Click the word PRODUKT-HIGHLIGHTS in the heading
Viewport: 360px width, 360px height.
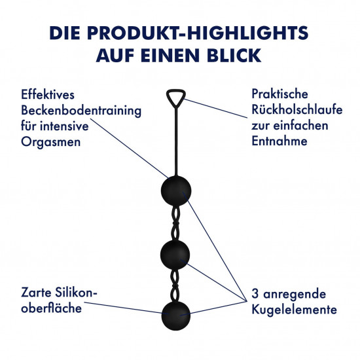(198, 33)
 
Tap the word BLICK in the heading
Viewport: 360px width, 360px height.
(234, 56)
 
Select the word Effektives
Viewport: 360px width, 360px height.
(48, 94)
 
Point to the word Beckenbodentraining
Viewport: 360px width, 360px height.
(81, 111)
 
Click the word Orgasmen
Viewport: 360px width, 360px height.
(51, 142)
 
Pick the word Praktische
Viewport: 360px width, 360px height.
(279, 94)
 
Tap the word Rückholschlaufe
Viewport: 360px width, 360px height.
(297, 109)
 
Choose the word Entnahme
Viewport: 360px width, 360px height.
(279, 141)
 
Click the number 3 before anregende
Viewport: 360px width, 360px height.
(255, 294)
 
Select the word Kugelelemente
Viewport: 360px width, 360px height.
(295, 309)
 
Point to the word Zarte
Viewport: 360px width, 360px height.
(36, 293)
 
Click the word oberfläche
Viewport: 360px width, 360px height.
(51, 308)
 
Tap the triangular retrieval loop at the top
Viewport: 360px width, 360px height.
(176, 90)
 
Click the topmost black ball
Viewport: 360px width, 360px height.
(176, 190)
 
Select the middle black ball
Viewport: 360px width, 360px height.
(175, 255)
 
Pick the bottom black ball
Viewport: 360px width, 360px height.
(176, 315)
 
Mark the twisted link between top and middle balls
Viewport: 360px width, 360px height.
(176, 223)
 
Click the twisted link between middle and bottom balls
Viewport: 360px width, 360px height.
(175, 285)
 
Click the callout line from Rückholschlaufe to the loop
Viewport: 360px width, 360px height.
(215, 109)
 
